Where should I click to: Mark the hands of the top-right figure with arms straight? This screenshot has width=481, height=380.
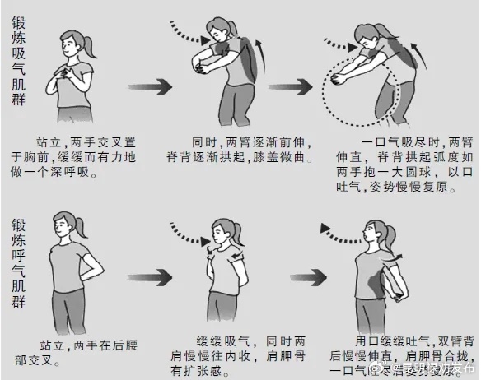coord(340,78)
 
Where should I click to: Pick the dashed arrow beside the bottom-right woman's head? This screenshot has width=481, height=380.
coord(341,225)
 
